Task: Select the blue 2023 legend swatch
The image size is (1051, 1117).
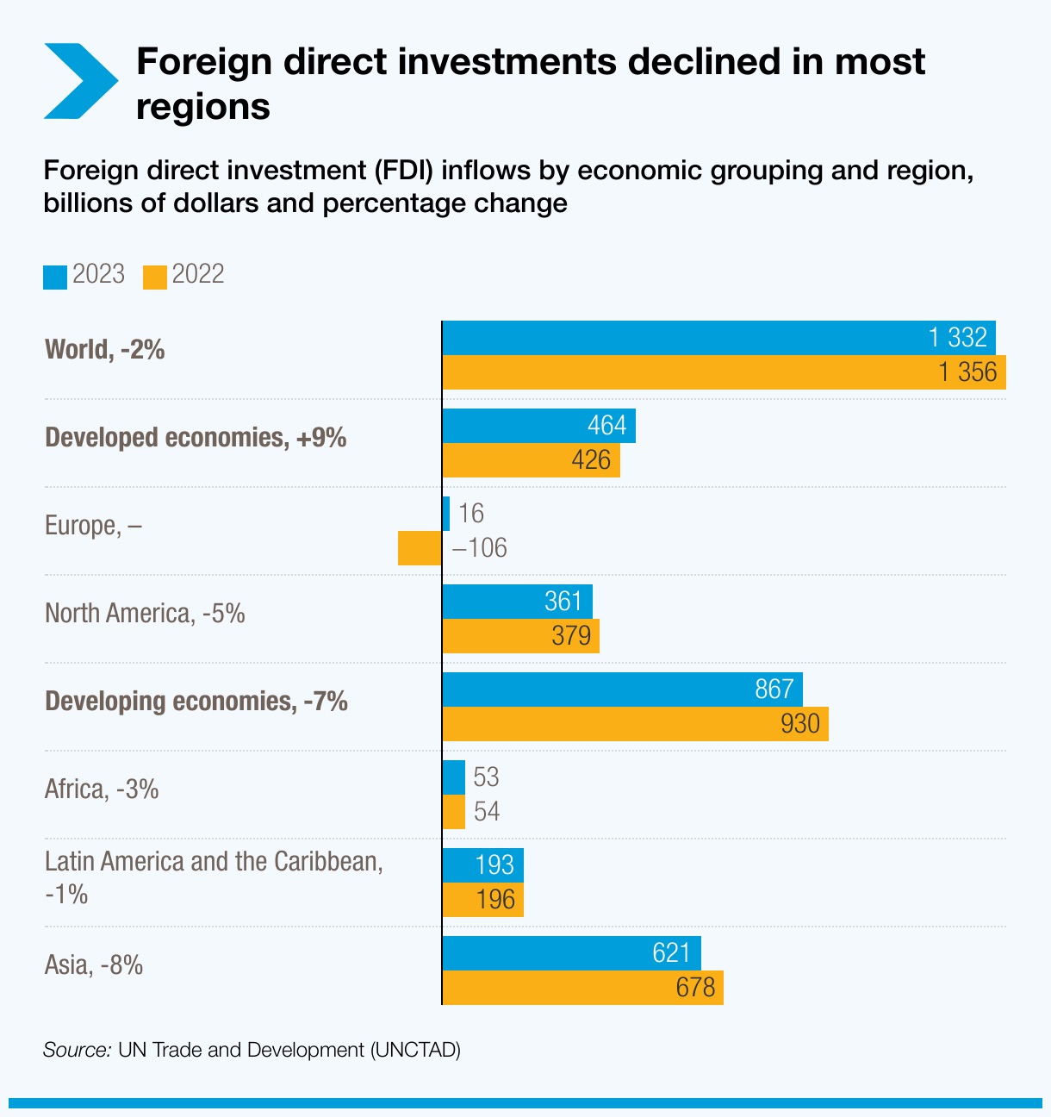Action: coord(55,277)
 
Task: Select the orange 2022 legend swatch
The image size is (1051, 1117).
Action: coord(155,277)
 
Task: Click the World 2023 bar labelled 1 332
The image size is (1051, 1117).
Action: coord(718,338)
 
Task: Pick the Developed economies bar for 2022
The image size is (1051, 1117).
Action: coord(531,460)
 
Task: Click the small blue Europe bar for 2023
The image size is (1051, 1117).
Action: coord(445,514)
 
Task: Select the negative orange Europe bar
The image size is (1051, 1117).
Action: coord(420,548)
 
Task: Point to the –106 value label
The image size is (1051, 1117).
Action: coord(479,548)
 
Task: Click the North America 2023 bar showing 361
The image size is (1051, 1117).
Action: coord(517,602)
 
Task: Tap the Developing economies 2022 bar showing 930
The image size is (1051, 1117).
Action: coord(635,724)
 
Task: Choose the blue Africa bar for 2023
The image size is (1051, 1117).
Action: coord(453,777)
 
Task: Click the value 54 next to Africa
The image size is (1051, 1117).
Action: coord(487,812)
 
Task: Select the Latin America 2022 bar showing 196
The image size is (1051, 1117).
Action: coord(482,900)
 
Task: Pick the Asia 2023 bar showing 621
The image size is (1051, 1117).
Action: coord(571,953)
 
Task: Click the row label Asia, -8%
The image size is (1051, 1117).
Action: coord(94,964)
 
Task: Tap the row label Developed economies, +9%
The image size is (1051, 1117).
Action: coord(196,438)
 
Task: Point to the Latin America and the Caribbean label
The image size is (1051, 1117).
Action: coord(214,862)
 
